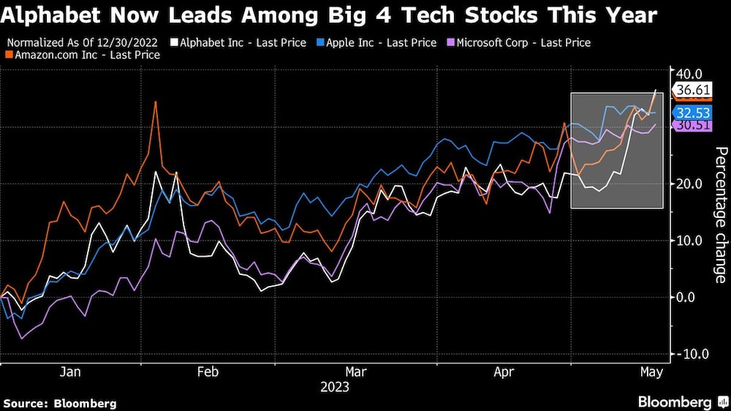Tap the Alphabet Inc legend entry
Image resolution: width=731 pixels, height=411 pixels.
(238, 42)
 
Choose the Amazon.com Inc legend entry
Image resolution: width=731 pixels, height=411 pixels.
(86, 55)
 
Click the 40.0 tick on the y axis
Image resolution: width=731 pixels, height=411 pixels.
(689, 73)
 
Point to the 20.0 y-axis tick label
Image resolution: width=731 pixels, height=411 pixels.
(689, 184)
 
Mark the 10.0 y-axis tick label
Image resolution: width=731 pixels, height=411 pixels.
(689, 241)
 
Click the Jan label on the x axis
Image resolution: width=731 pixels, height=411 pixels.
(69, 372)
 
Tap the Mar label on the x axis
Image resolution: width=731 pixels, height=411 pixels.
(355, 372)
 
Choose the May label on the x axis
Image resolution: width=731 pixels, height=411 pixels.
(651, 372)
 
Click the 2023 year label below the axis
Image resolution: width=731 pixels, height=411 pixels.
(335, 388)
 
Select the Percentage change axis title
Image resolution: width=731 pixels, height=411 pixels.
(720, 214)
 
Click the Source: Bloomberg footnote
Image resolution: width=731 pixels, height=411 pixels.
(60, 403)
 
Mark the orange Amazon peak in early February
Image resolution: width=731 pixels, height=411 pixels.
(155, 102)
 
